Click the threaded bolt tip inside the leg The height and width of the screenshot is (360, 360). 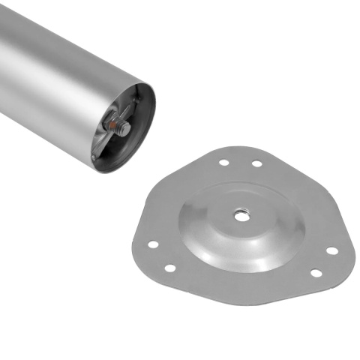point(126,129)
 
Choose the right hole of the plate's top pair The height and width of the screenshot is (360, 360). point(256,163)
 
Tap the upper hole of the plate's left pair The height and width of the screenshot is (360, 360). point(152,244)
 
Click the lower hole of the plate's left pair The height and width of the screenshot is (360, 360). point(169,268)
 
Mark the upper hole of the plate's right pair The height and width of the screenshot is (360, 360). point(331,250)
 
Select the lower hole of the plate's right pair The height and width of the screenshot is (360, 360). point(314,272)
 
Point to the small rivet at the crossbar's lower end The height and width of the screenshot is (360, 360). point(94,157)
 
